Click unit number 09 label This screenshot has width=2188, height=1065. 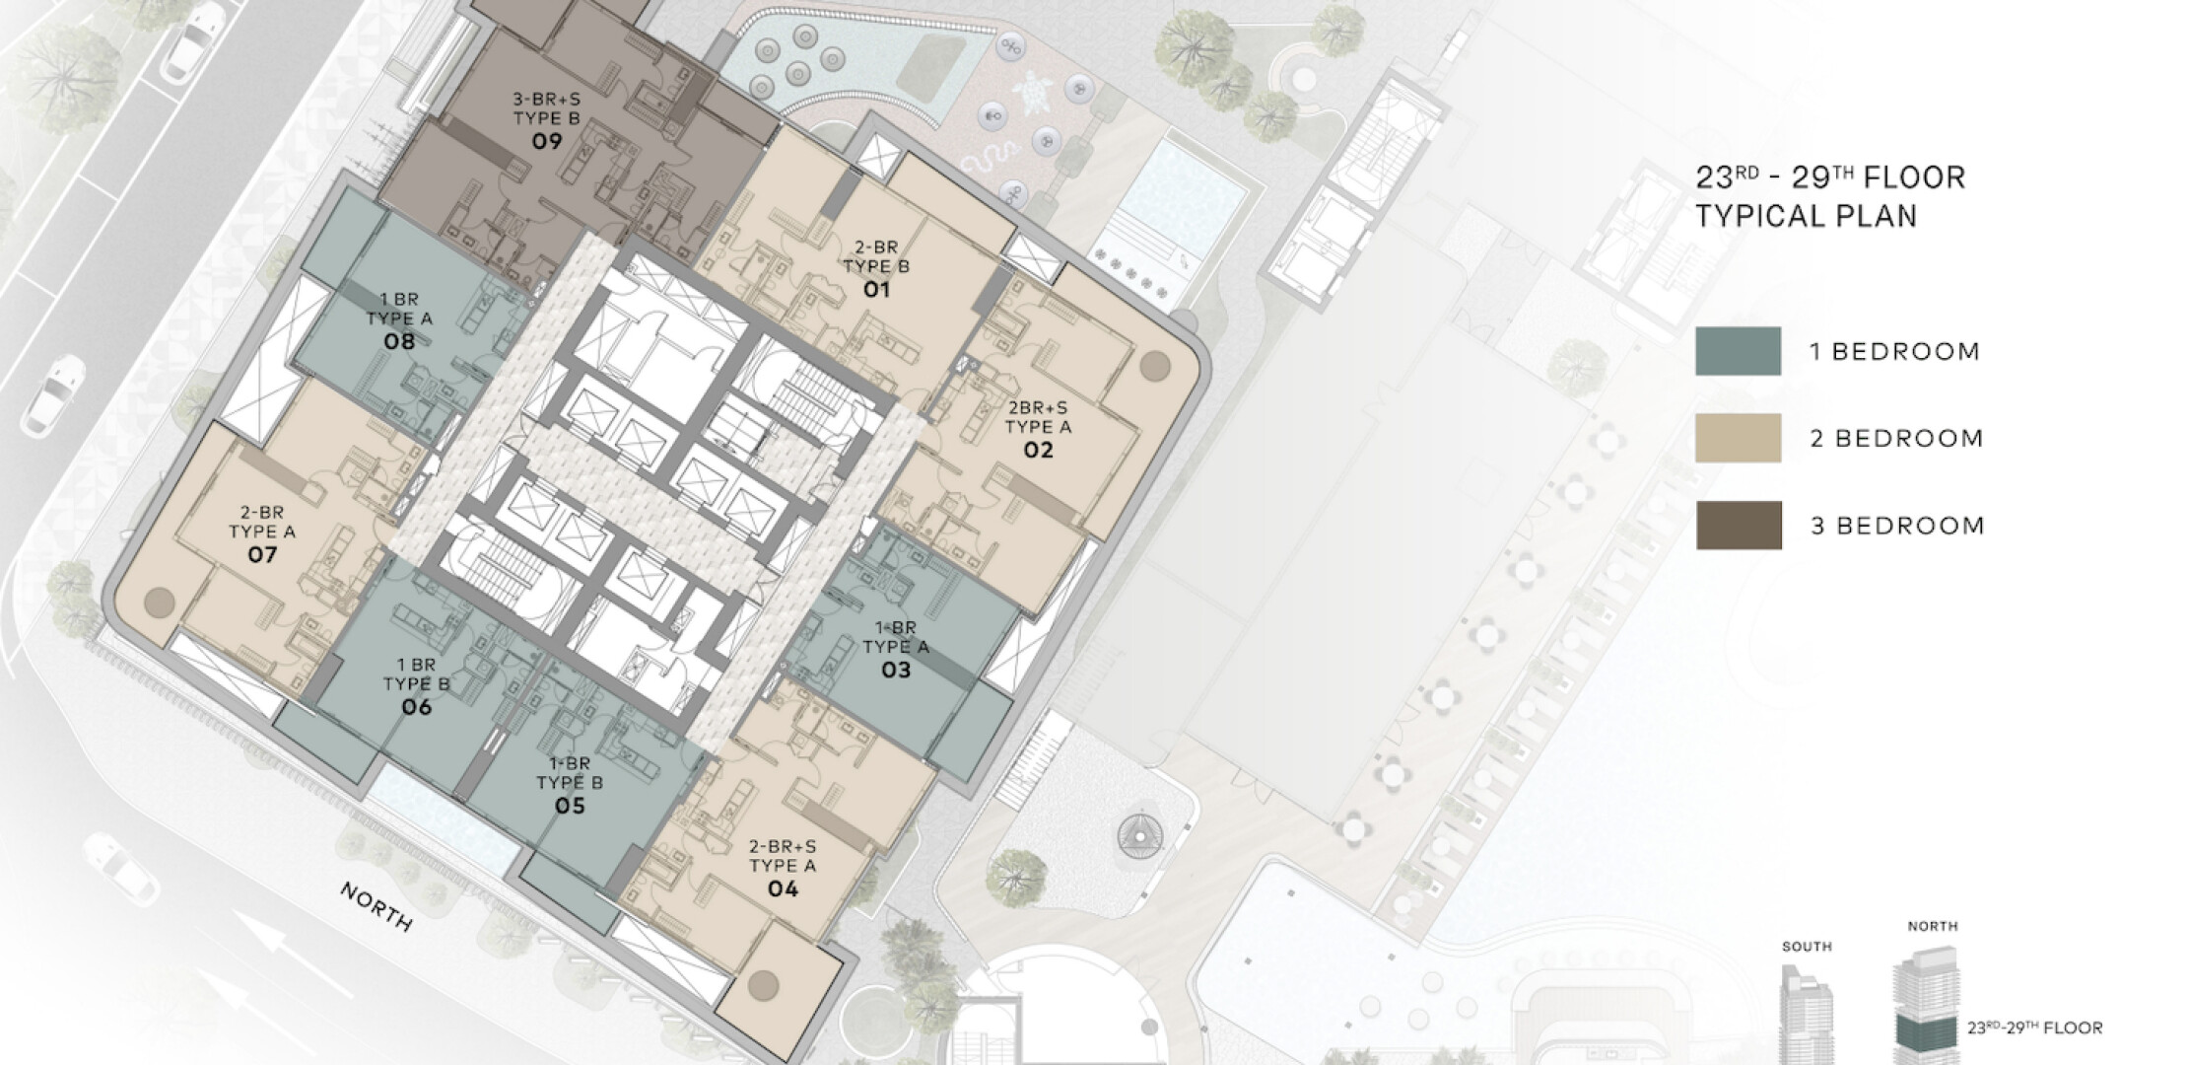[547, 141]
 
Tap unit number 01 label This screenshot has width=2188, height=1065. [876, 289]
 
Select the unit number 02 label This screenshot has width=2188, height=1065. [1038, 450]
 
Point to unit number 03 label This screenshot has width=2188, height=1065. [896, 671]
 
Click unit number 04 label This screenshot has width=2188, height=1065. [783, 888]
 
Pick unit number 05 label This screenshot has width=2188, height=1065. [570, 806]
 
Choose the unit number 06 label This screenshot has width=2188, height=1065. [416, 707]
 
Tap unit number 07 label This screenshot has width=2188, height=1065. [262, 554]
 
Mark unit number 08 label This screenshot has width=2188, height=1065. [399, 341]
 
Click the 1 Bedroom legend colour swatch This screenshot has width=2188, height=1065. [1738, 351]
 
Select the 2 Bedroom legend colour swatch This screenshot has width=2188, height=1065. [1738, 438]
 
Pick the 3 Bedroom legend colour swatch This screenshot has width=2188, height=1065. [1739, 525]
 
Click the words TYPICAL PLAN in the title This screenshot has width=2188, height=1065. [1807, 216]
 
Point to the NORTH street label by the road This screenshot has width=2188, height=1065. [376, 906]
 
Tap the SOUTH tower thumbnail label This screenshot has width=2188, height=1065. [1807, 947]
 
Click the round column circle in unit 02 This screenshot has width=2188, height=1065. [1155, 367]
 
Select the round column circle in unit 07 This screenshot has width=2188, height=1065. [159, 602]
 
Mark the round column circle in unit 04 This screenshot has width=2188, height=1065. [763, 983]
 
